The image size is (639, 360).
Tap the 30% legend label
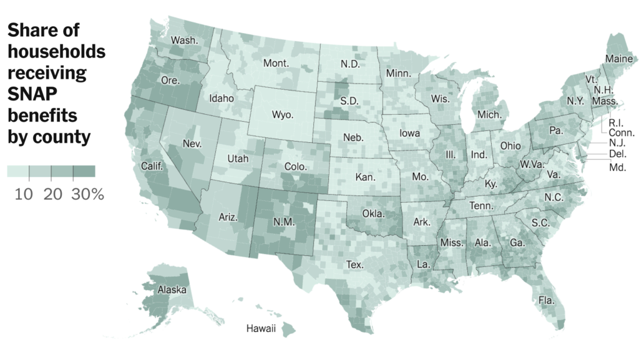tap(87, 195)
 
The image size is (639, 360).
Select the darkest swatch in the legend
tap(84, 171)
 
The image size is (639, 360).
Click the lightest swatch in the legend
tap(18, 171)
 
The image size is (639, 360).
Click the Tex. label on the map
tap(354, 265)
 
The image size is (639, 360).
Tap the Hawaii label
tap(260, 329)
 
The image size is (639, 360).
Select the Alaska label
tap(172, 289)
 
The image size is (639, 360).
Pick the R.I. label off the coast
tap(618, 122)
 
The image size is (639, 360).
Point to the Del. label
tap(617, 153)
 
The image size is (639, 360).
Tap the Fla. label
tap(546, 301)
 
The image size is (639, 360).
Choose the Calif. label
tap(152, 166)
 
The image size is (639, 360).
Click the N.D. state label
tap(351, 64)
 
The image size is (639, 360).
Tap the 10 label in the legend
tap(24, 195)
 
